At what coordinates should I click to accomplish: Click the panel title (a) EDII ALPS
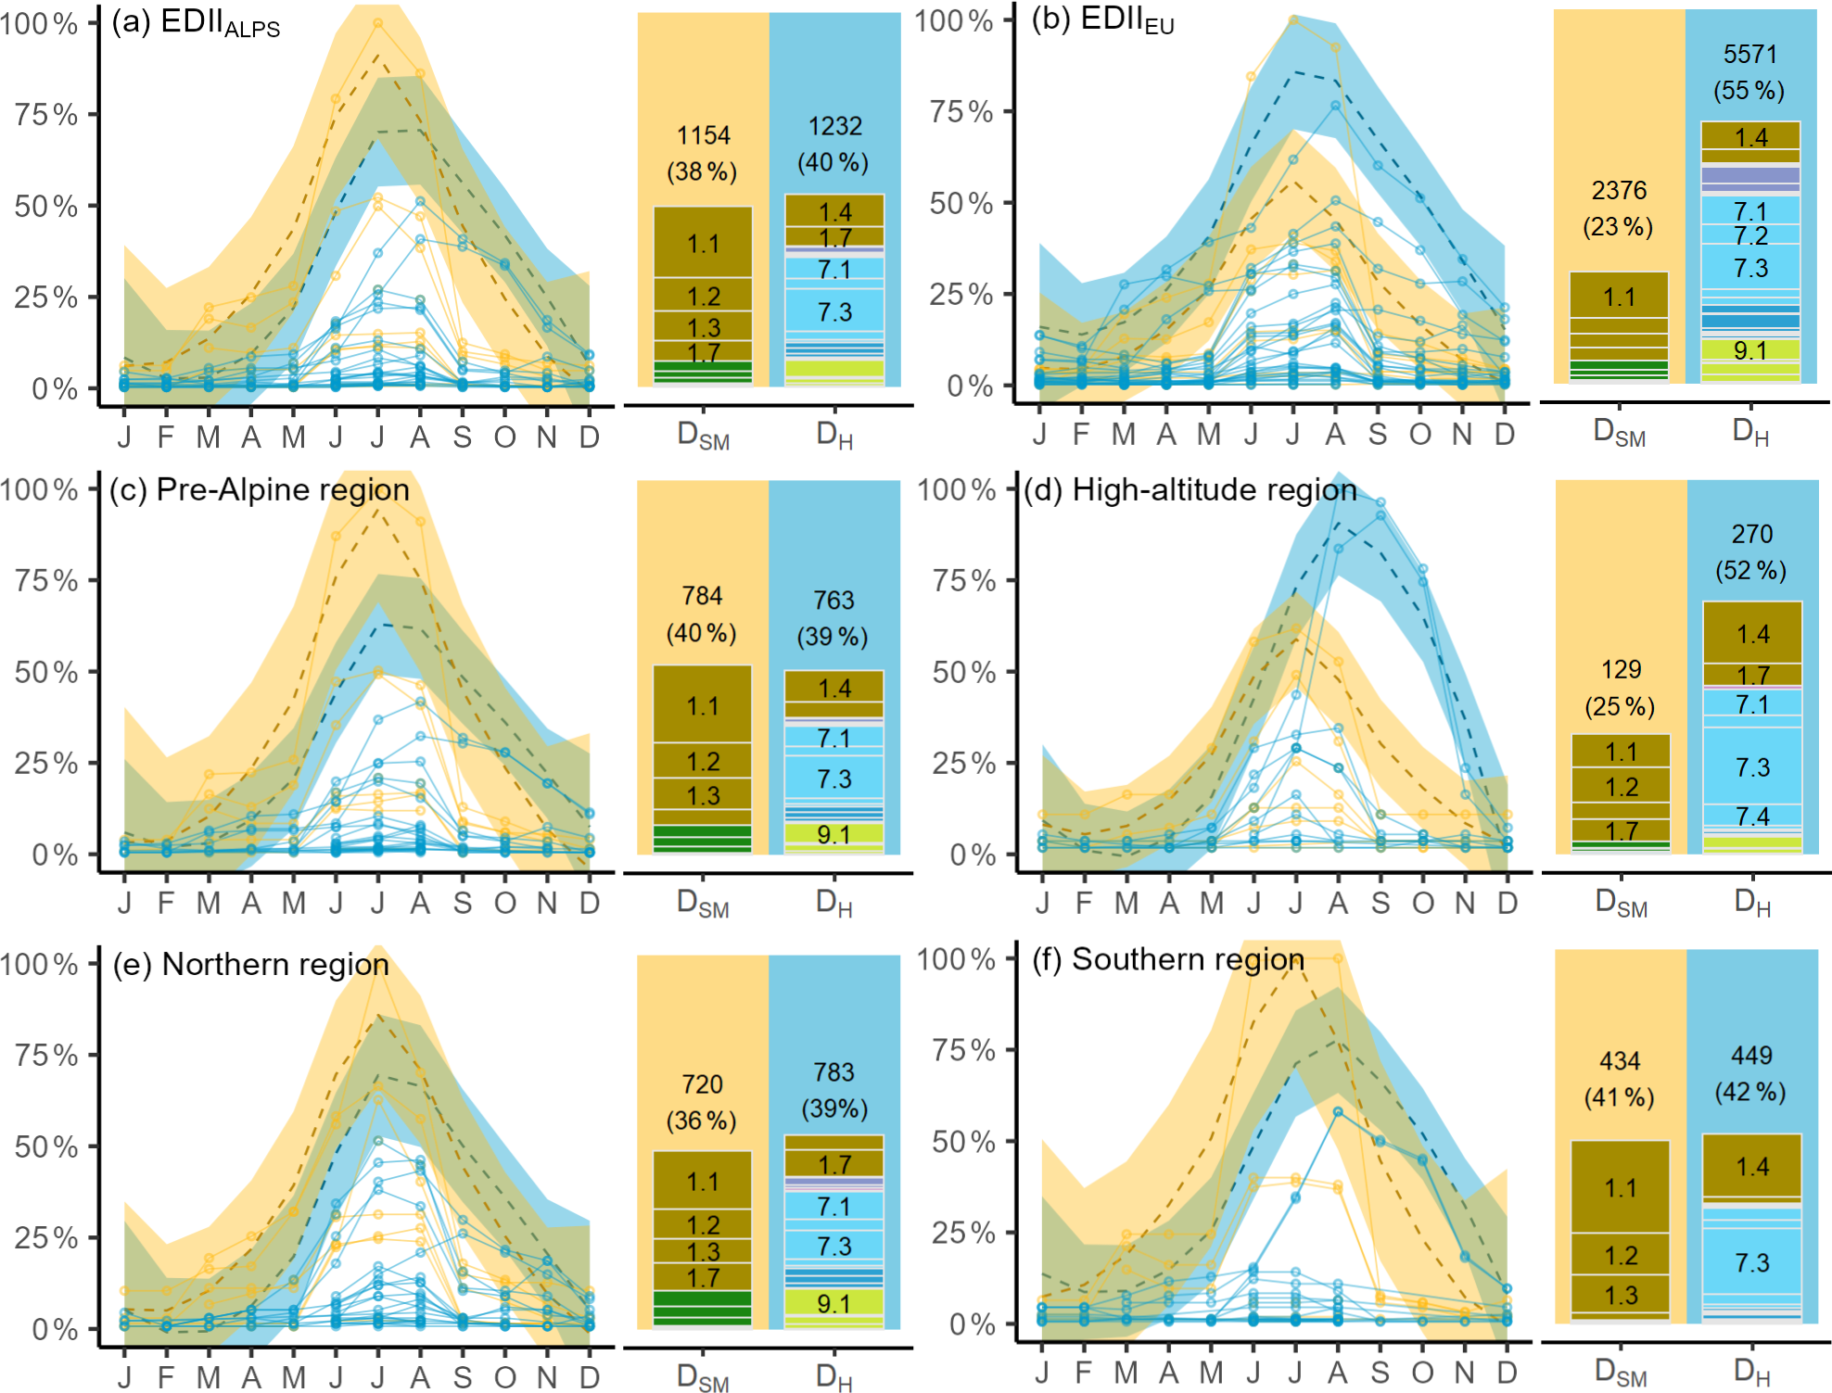pyautogui.click(x=196, y=23)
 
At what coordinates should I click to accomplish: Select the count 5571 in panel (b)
pyautogui.click(x=1749, y=55)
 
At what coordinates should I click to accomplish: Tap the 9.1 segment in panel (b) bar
pyautogui.click(x=1749, y=350)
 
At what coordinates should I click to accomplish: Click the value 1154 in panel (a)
pyautogui.click(x=703, y=135)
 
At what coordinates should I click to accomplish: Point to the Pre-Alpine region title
pyautogui.click(x=260, y=489)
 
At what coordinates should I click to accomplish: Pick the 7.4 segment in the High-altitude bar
pyautogui.click(x=1752, y=817)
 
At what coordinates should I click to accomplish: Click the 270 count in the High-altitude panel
pyautogui.click(x=1751, y=534)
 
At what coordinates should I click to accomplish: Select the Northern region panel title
pyautogui.click(x=251, y=964)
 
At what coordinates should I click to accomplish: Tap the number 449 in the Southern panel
pyautogui.click(x=1751, y=1056)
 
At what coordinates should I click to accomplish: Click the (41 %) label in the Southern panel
pyautogui.click(x=1619, y=1097)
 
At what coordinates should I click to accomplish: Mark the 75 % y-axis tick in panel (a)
pyautogui.click(x=46, y=115)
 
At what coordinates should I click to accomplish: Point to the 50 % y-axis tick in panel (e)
pyautogui.click(x=46, y=1146)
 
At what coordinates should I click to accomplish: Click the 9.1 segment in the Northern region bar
pyautogui.click(x=833, y=1304)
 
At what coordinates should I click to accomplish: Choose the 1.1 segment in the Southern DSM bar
pyautogui.click(x=1620, y=1188)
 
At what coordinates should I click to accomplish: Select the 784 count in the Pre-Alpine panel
pyautogui.click(x=702, y=596)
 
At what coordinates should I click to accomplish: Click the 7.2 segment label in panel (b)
pyautogui.click(x=1750, y=235)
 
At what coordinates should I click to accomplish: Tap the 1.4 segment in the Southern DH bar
pyautogui.click(x=1752, y=1166)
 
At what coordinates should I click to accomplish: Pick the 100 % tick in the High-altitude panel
pyautogui.click(x=957, y=489)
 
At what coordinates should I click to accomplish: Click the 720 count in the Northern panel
pyautogui.click(x=702, y=1084)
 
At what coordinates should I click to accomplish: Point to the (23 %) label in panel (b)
pyautogui.click(x=1618, y=227)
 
